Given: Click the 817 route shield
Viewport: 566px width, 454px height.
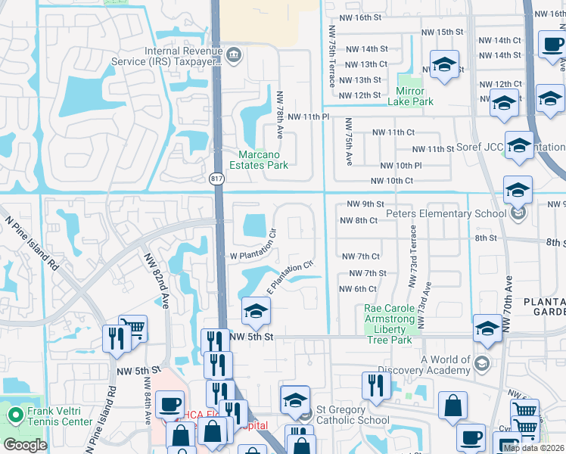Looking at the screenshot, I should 217,179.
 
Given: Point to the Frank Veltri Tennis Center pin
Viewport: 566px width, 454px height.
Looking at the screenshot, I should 14,415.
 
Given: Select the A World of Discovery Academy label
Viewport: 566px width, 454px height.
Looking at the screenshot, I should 446,365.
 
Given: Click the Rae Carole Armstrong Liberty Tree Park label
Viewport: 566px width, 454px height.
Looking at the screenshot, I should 389,325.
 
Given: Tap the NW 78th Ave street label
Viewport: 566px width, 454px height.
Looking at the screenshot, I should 280,115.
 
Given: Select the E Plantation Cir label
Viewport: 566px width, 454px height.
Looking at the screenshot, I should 291,277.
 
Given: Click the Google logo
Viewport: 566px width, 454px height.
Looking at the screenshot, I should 25,445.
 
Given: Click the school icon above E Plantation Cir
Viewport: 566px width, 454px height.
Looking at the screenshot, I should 256,310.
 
